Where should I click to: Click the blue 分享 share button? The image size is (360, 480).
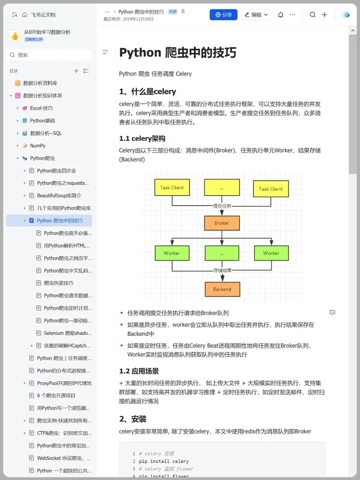(223, 15)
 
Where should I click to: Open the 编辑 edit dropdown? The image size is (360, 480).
(256, 15)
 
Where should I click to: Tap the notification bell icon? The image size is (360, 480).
(280, 15)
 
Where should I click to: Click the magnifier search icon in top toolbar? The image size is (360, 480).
(312, 15)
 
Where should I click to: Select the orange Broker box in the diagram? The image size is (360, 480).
(222, 223)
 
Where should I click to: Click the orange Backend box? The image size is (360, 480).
(222, 289)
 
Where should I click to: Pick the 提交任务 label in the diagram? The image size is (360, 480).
(222, 206)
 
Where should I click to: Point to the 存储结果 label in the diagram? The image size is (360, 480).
(222, 270)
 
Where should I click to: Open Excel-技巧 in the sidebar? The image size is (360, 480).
(41, 108)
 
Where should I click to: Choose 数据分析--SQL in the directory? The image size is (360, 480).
(46, 133)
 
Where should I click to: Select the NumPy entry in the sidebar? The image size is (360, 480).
(38, 146)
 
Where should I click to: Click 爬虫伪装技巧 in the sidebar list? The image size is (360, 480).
(59, 283)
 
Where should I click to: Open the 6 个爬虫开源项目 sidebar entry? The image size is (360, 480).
(56, 396)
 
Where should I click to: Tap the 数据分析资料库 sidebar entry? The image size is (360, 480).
(40, 83)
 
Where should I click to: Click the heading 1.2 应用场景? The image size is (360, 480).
(139, 371)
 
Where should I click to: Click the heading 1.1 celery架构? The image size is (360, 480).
(142, 138)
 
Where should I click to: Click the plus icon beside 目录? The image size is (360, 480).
(76, 71)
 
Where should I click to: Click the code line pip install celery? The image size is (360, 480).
(164, 461)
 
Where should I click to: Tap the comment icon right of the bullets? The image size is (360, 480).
(332, 313)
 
